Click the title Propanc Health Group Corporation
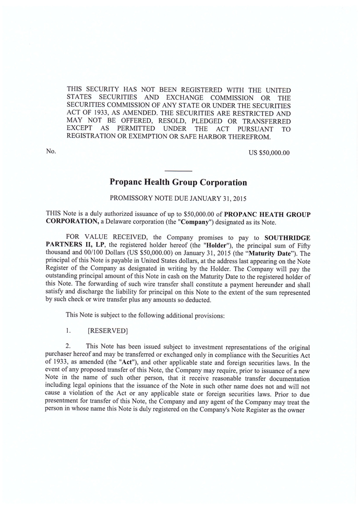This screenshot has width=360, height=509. [178, 183]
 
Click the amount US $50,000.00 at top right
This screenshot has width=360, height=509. [270, 153]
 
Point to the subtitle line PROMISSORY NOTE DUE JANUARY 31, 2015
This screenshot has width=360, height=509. [178, 198]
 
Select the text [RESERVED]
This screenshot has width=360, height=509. [108, 331]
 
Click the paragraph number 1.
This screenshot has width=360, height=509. [68, 331]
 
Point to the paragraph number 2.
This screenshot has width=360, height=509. [68, 346]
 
